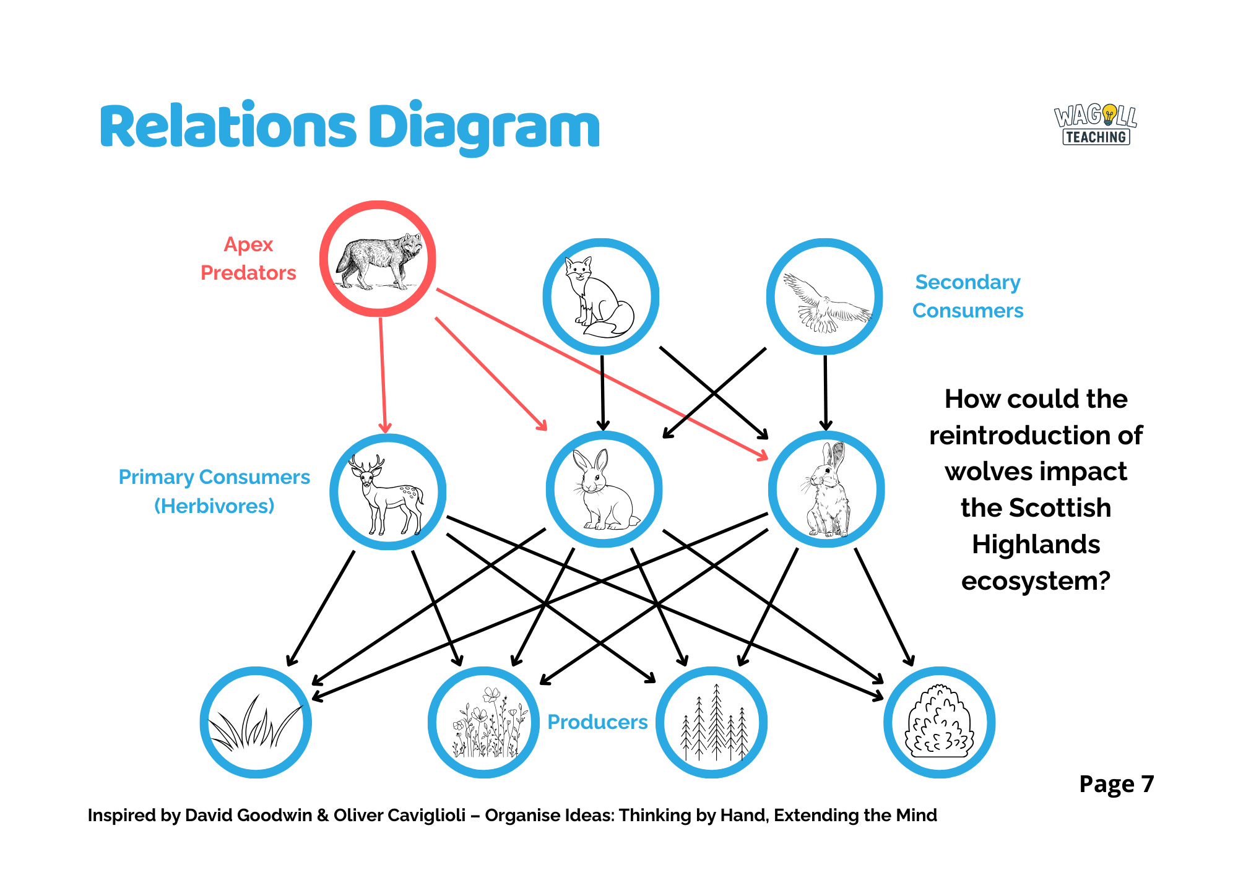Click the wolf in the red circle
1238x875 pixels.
378,260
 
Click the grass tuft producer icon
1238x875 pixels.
255,723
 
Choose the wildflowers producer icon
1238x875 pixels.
484,723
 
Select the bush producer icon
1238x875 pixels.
939,723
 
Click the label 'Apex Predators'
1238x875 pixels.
248,259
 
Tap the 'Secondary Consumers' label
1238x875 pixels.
967,296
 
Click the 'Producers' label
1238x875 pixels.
597,722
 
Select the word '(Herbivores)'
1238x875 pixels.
214,506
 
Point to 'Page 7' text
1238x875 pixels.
1116,784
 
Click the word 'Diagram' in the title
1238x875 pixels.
484,128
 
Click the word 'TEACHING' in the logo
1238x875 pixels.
1096,137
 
